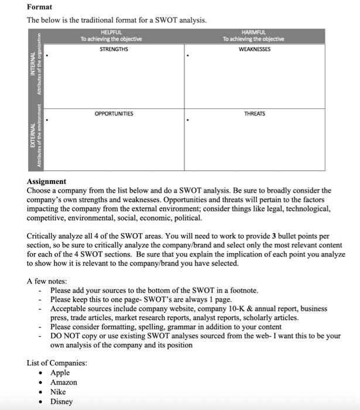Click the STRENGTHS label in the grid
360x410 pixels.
[x=114, y=49]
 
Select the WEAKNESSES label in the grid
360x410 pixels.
[x=254, y=49]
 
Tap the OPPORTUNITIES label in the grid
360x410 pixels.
[x=114, y=114]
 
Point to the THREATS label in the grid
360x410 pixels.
[x=254, y=114]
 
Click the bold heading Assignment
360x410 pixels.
[x=46, y=182]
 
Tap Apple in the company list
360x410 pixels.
[x=60, y=373]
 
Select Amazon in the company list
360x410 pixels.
[x=63, y=382]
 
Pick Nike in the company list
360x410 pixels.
[x=58, y=392]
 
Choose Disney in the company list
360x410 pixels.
[x=61, y=402]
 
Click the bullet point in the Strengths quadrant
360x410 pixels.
[x=47, y=56]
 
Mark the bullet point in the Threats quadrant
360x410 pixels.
[x=187, y=121]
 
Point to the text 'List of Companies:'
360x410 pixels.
[x=57, y=363]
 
